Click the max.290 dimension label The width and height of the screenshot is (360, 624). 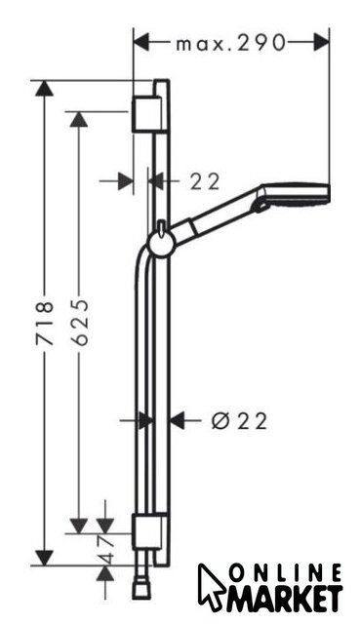pos(230,42)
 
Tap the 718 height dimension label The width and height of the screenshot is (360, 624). pos(44,323)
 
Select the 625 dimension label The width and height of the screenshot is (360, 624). pos(79,323)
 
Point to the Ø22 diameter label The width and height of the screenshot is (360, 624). pos(239,420)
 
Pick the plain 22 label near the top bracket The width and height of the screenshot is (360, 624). pos(205,181)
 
